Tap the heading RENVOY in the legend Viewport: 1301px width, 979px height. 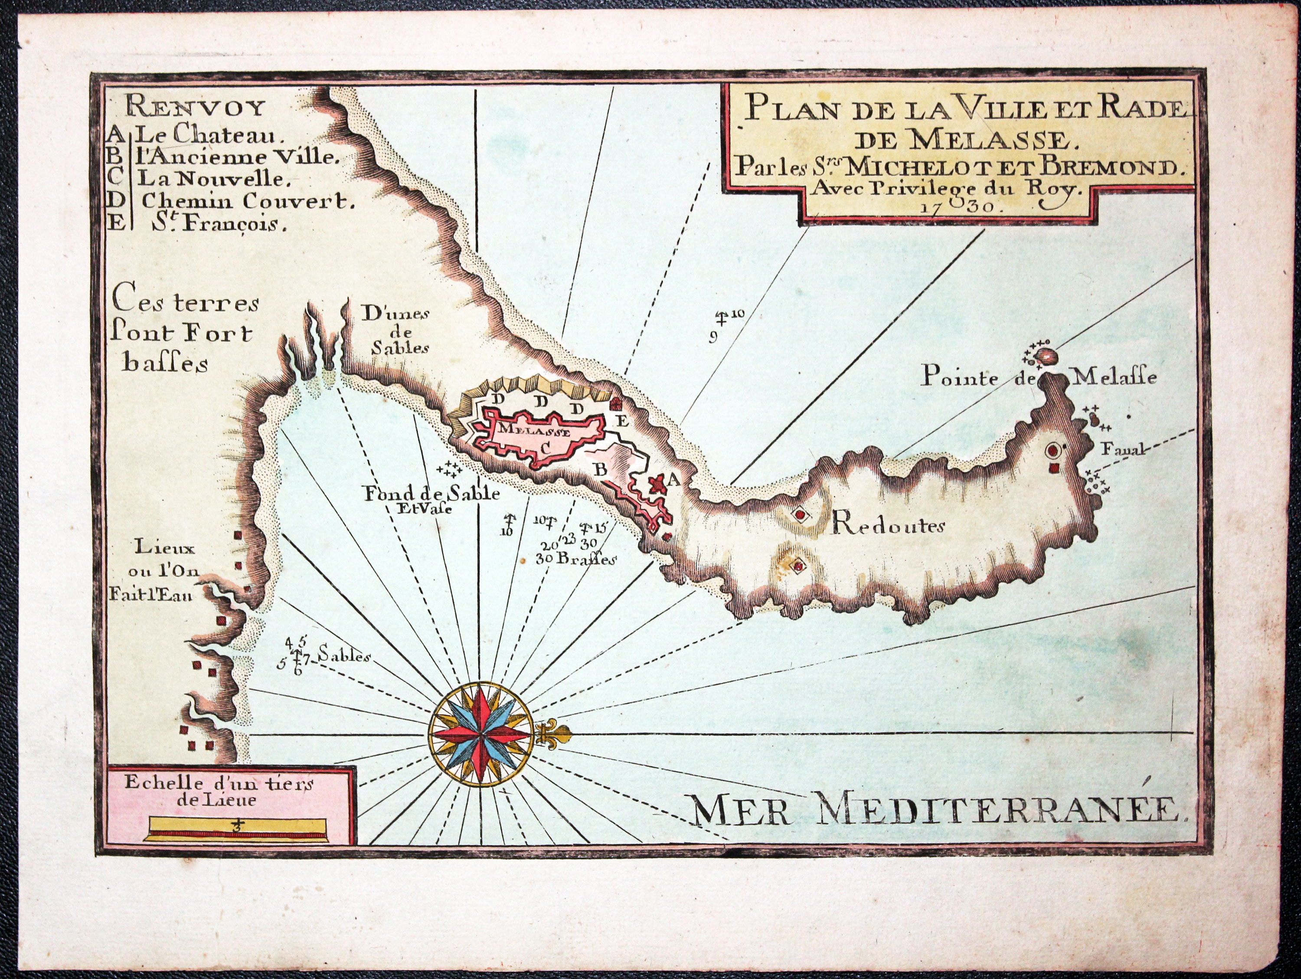pyautogui.click(x=195, y=108)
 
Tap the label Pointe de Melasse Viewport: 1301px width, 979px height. pyautogui.click(x=1038, y=377)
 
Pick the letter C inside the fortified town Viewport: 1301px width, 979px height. pyautogui.click(x=545, y=447)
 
